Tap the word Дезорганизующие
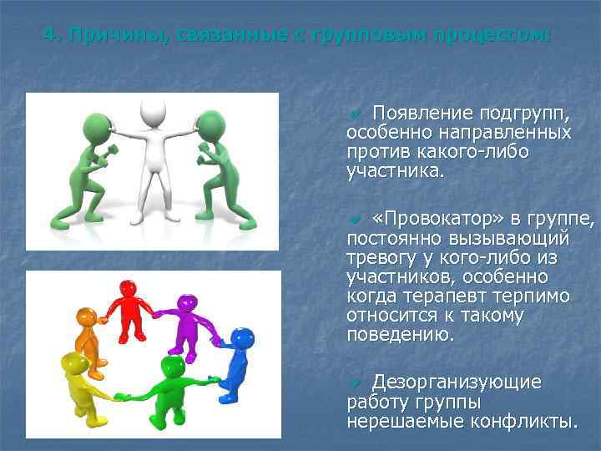pos(457,382)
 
